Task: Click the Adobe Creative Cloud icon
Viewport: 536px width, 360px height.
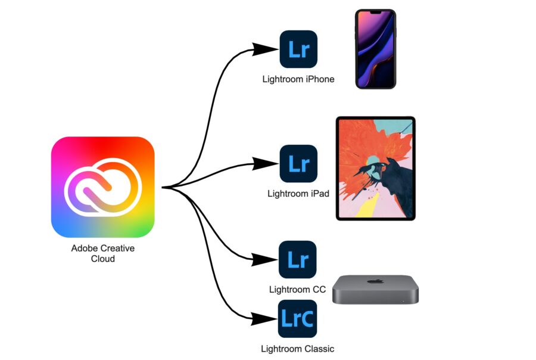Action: [x=102, y=187]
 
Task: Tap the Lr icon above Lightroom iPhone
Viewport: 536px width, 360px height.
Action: [x=298, y=49]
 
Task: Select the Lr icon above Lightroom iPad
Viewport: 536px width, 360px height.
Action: [x=298, y=163]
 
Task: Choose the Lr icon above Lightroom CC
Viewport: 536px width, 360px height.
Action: [x=298, y=259]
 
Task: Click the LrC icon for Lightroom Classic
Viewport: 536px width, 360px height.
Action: [x=297, y=319]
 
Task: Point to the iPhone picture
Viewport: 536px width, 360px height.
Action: [x=376, y=49]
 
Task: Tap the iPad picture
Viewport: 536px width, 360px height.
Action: [x=376, y=168]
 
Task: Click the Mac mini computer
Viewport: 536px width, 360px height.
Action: [x=375, y=289]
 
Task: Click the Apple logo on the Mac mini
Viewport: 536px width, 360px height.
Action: [x=375, y=281]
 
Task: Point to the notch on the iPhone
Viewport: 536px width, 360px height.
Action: [x=376, y=13]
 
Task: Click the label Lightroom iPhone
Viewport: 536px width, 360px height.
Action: [x=298, y=79]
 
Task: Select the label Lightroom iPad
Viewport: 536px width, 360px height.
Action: [x=298, y=194]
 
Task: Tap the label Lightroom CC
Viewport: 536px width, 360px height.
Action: [x=297, y=290]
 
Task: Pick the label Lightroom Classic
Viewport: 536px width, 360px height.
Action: [x=297, y=349]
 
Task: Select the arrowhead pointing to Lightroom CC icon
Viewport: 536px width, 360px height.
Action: [x=264, y=259]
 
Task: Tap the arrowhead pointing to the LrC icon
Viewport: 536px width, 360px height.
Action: [x=263, y=319]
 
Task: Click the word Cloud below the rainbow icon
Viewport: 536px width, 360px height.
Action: [x=103, y=259]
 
